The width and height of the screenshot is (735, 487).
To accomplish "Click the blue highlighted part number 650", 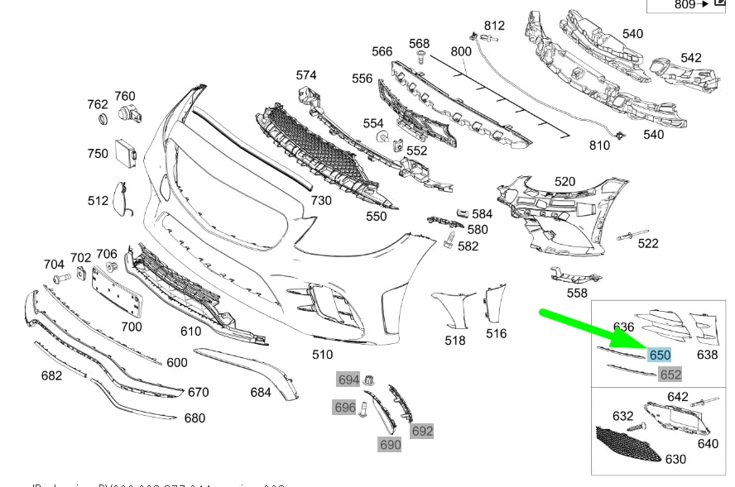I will [x=660, y=356].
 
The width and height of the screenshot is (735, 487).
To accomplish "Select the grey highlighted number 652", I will [x=670, y=375].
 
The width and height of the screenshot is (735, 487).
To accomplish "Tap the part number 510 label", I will [x=322, y=355].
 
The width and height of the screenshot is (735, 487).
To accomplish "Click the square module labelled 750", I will [x=127, y=150].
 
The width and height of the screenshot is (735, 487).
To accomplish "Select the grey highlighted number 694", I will [x=348, y=380].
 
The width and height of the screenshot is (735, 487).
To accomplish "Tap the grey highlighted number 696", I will [x=344, y=407].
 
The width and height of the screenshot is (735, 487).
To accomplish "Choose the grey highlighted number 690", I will [x=390, y=444].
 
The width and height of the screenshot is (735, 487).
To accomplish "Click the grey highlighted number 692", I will [x=422, y=431].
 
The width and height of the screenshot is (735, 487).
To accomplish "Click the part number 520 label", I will [x=564, y=181].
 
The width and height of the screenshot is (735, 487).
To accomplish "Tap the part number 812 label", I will [x=494, y=26].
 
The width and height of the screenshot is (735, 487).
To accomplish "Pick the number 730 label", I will [x=320, y=200].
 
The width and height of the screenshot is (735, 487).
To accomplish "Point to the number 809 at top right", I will [x=685, y=4].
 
